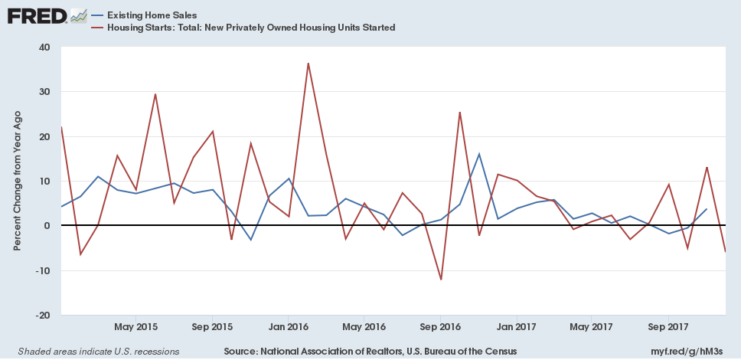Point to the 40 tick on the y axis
pyautogui.click(x=44, y=47)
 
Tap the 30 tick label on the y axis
pyautogui.click(x=44, y=92)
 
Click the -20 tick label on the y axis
pyautogui.click(x=41, y=316)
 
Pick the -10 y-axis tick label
pyautogui.click(x=41, y=271)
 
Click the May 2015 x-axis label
pyautogui.click(x=136, y=327)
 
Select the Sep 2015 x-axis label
pyautogui.click(x=212, y=327)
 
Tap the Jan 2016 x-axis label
pyautogui.click(x=288, y=327)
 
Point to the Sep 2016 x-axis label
pyautogui.click(x=440, y=327)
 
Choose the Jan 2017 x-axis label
pyautogui.click(x=516, y=327)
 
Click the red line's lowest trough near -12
pyautogui.click(x=441, y=280)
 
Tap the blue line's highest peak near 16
pyautogui.click(x=479, y=154)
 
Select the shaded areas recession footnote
pyautogui.click(x=93, y=351)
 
